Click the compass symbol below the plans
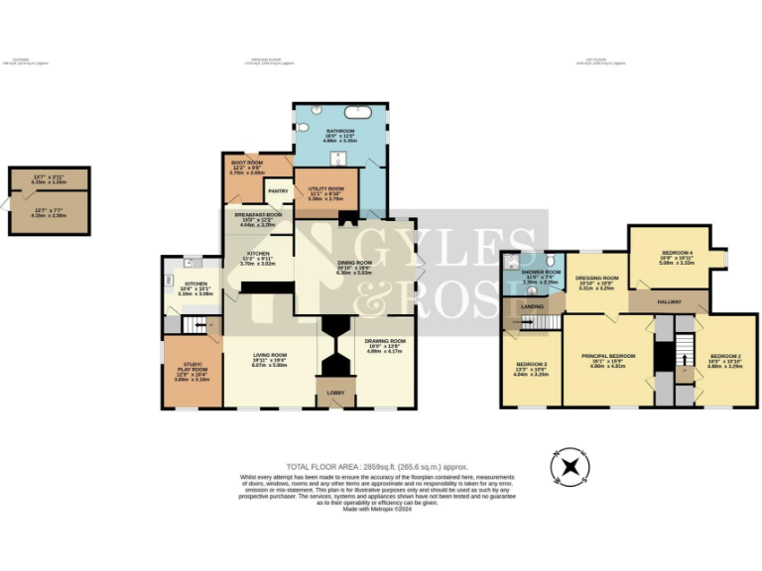tap(570, 465)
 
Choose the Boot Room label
tap(247, 162)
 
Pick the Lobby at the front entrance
tap(336, 393)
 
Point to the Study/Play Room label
tap(191, 371)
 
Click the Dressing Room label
tap(597, 280)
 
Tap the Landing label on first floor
tap(532, 307)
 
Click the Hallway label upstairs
tap(669, 295)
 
